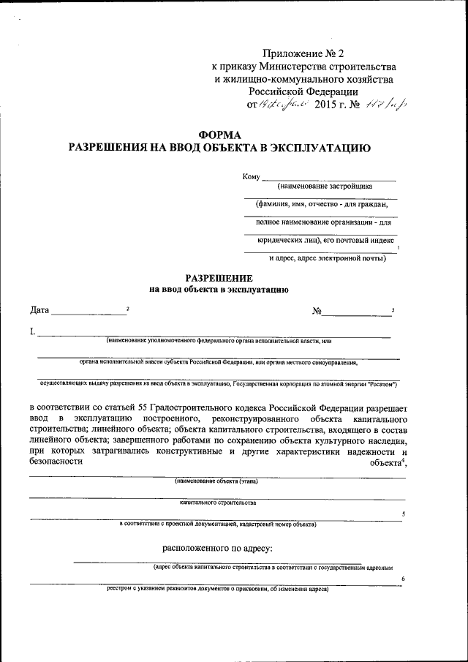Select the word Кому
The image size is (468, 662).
click(251, 177)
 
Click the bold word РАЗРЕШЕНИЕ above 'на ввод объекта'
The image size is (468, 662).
click(219, 278)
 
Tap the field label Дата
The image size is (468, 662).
click(39, 310)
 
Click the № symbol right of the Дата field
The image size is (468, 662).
click(317, 311)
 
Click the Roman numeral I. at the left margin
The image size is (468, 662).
click(33, 332)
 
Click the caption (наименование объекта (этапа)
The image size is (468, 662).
click(216, 481)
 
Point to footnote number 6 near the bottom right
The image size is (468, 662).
click(403, 579)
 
